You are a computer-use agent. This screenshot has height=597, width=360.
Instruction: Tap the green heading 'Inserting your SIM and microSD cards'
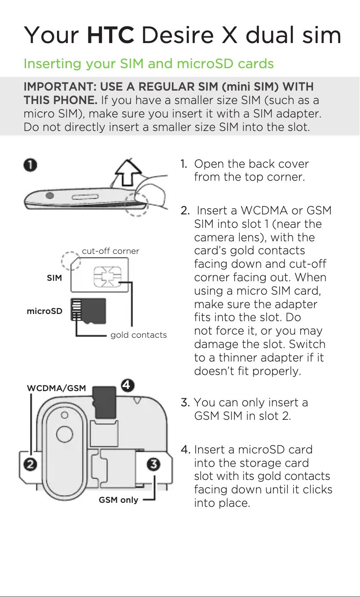click(148, 64)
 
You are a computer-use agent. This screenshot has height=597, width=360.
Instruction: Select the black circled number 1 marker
click(30, 165)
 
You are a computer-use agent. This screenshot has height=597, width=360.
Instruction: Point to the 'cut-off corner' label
click(110, 251)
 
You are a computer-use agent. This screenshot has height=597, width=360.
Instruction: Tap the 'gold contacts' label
click(138, 335)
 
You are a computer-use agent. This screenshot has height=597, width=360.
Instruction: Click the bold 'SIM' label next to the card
click(54, 278)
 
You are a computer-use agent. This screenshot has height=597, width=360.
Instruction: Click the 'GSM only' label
click(119, 500)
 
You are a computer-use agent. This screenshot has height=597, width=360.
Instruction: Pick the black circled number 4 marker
click(127, 385)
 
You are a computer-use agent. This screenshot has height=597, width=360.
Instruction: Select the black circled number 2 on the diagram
click(30, 464)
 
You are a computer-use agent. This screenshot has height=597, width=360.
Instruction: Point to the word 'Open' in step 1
click(209, 164)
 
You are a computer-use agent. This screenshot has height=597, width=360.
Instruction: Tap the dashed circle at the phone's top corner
click(137, 204)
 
